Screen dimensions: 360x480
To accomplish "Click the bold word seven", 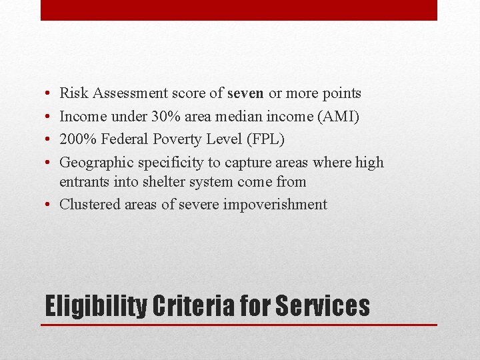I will pos(245,93).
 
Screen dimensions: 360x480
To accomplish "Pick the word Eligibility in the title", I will pos(95,306).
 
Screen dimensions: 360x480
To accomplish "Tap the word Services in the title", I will pos(322,306).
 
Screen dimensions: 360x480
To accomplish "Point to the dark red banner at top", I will pos(239,10).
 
